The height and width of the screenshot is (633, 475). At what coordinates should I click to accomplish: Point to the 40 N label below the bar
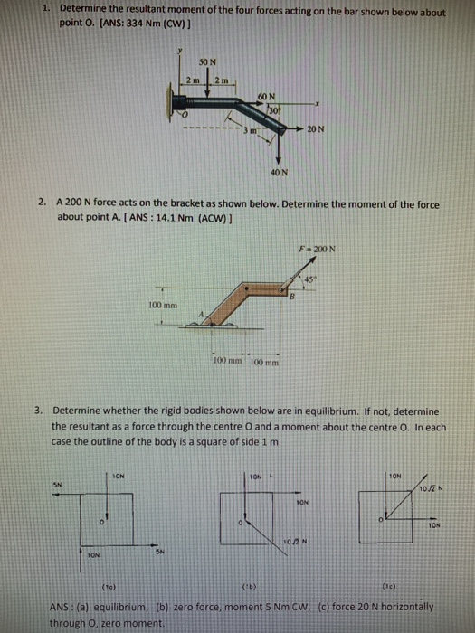click(279, 171)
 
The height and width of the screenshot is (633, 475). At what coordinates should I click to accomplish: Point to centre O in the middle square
click(240, 523)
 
